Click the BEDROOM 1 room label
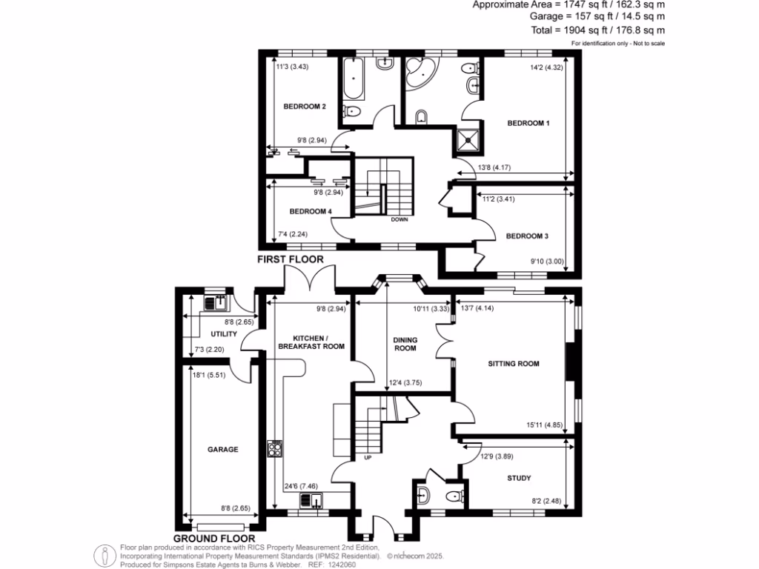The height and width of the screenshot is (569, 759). [528, 123]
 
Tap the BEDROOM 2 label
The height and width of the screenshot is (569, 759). [305, 107]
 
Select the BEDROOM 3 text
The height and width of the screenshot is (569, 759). [527, 236]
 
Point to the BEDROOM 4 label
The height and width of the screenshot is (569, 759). [310, 211]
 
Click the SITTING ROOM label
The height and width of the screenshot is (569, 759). [513, 364]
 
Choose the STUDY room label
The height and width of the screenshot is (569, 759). [519, 478]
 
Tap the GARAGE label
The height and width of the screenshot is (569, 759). [222, 449]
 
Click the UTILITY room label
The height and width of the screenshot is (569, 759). [224, 334]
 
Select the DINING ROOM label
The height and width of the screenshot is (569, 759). [405, 345]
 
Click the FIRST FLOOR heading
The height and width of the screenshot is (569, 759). [291, 260]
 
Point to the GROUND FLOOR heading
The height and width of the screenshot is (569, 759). [214, 539]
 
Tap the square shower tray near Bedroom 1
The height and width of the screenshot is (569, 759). [468, 138]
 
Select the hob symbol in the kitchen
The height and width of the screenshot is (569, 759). [275, 447]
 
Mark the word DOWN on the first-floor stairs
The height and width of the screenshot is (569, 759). [400, 219]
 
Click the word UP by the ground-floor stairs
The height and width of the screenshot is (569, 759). [368, 457]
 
